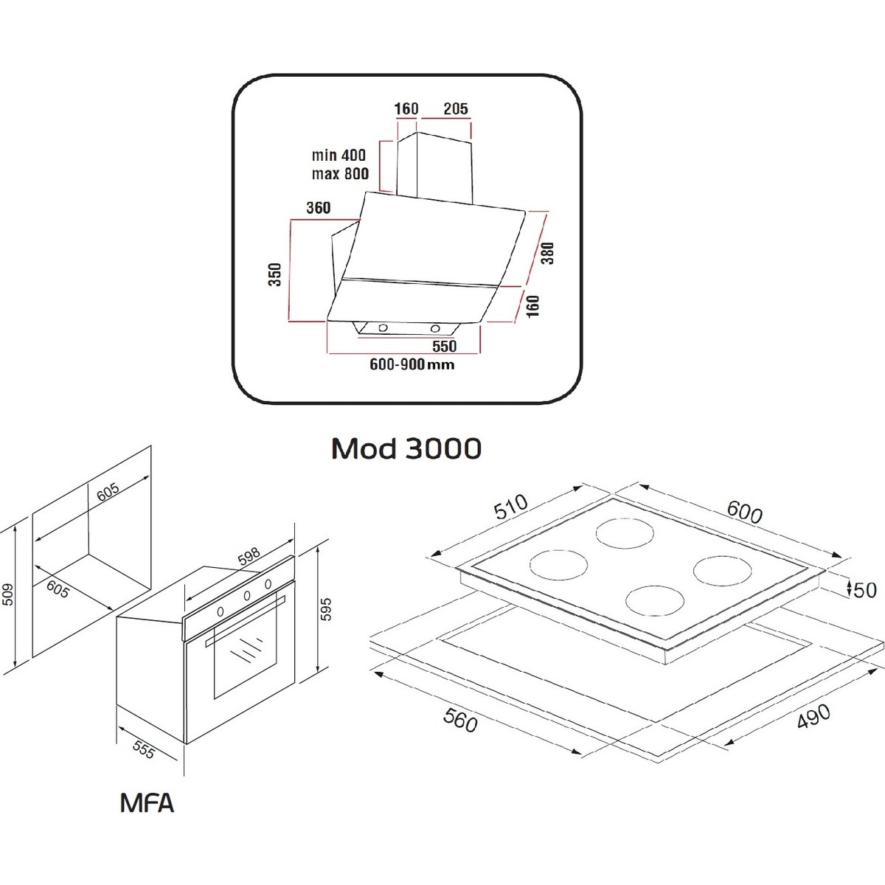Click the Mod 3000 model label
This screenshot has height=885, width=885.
coord(406,448)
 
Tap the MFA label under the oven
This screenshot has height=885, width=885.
coord(147,802)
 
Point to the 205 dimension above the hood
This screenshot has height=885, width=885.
coord(455,109)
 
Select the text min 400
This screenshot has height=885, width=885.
coord(338,156)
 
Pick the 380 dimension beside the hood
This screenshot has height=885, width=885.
coord(546,253)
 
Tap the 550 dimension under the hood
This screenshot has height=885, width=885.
coord(444,346)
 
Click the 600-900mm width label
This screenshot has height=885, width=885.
coord(412,364)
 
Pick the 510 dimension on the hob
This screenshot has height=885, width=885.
coord(511,507)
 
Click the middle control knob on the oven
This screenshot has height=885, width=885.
coord(246,597)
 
